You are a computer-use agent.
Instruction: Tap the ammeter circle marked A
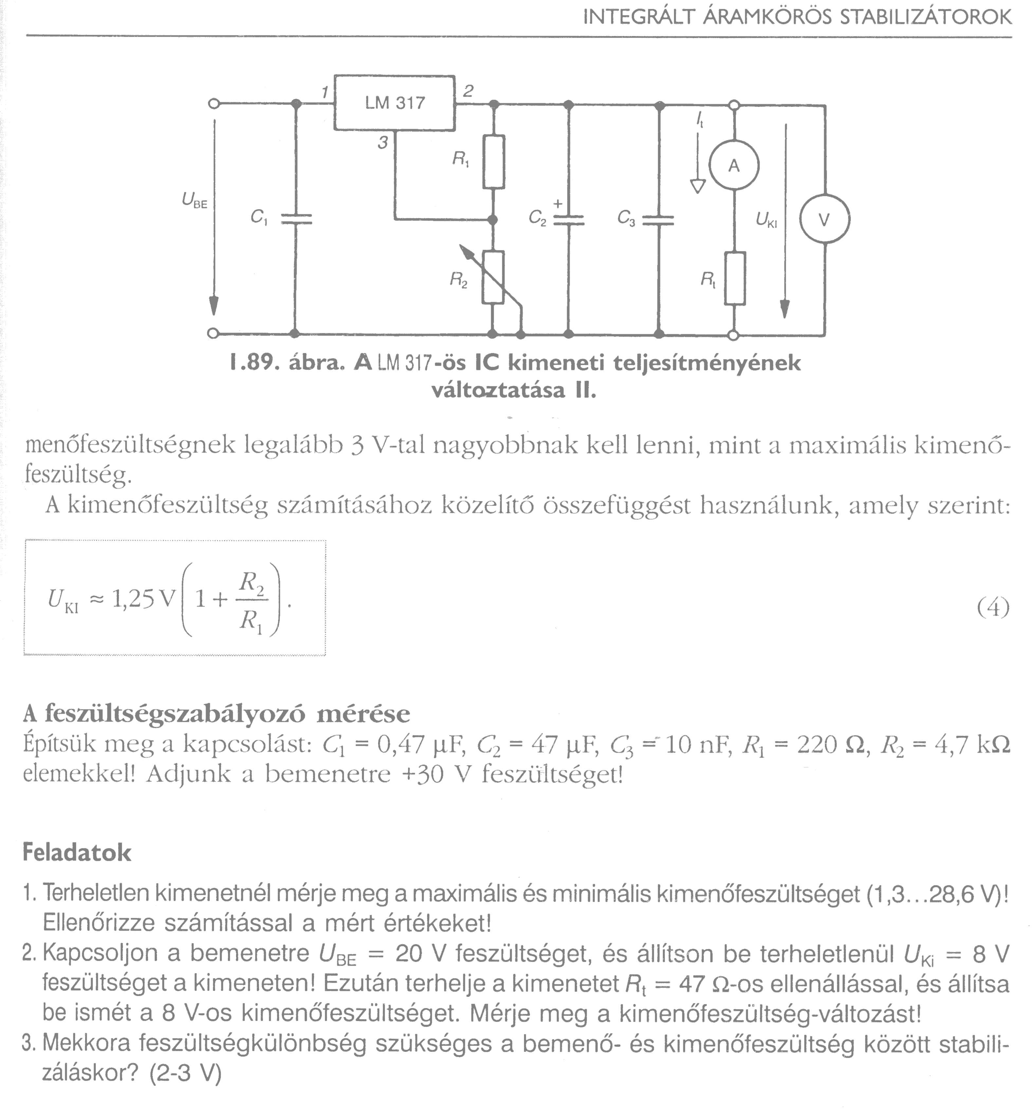point(734,166)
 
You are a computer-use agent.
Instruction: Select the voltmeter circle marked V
point(825,219)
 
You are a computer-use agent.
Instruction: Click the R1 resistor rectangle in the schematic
point(494,162)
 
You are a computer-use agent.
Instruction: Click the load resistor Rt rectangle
point(735,278)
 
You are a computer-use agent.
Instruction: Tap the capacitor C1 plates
point(296,219)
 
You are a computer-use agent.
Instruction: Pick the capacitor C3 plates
point(659,220)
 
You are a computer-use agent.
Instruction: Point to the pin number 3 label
point(382,144)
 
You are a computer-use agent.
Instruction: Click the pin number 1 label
point(325,92)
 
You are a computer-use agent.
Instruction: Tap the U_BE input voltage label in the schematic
point(194,200)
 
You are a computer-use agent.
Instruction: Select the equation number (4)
point(993,608)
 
